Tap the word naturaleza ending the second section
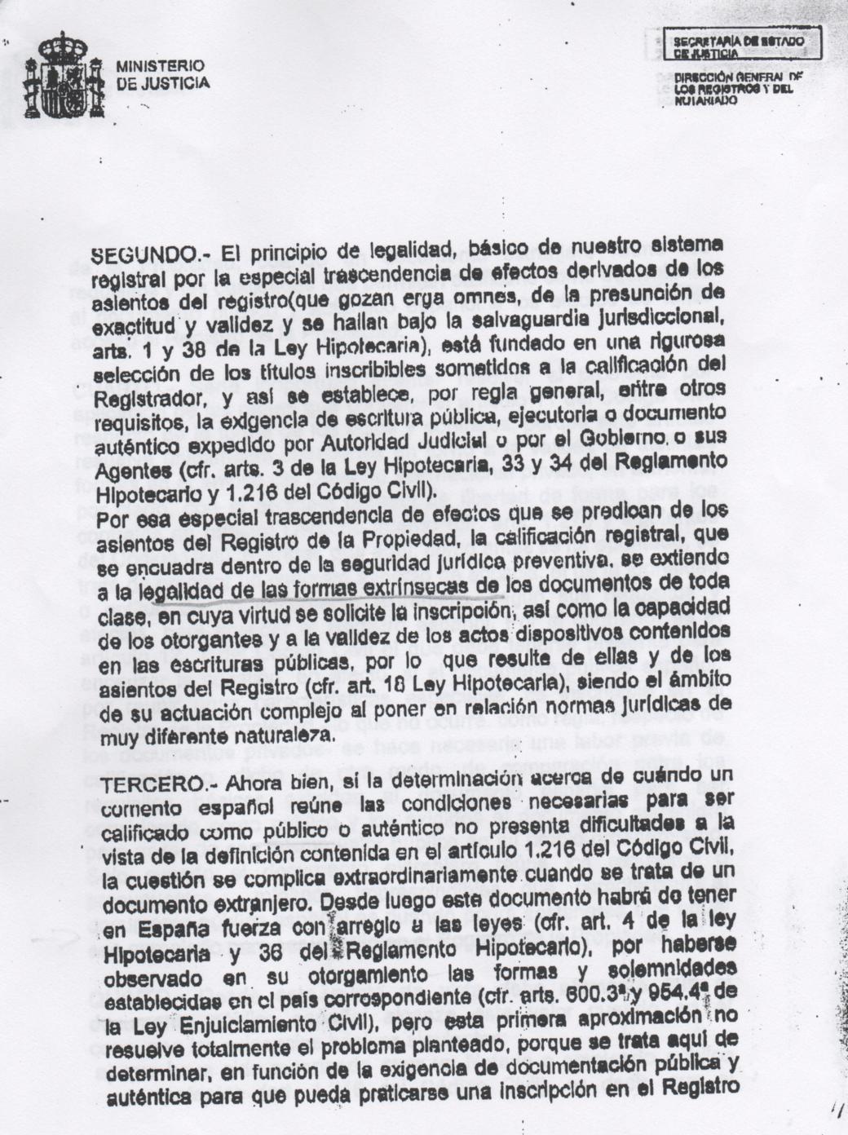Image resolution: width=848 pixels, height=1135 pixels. pyautogui.click(x=277, y=735)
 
